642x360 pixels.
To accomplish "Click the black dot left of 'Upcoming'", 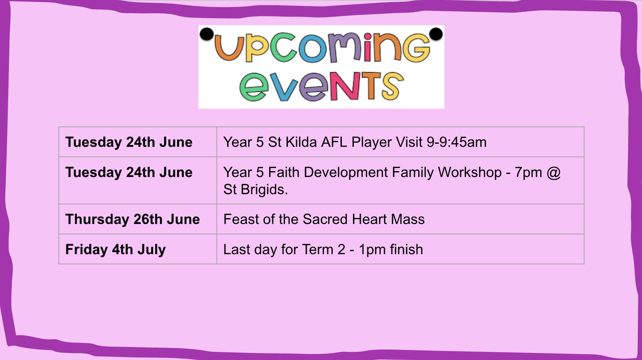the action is tap(207, 34).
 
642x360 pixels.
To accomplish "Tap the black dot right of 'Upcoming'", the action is tap(436, 34).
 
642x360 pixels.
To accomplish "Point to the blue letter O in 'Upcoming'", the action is tap(314, 48).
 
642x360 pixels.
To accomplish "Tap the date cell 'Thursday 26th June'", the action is tap(133, 219).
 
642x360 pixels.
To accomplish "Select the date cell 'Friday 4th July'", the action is tap(116, 249).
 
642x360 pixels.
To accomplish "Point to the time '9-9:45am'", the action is tap(456, 142).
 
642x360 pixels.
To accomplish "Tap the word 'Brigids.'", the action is tap(264, 189).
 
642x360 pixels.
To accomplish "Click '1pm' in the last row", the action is tap(371, 250).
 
